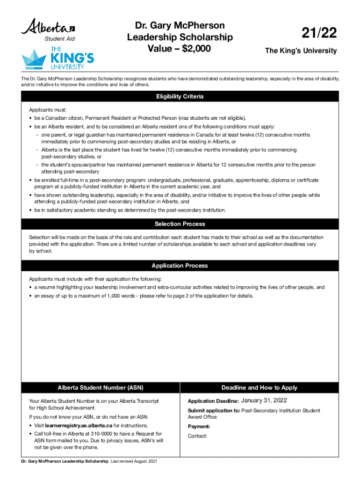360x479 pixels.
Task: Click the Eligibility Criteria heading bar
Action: (x=180, y=97)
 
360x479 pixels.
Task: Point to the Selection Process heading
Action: (x=180, y=224)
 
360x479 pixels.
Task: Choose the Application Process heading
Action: (x=180, y=266)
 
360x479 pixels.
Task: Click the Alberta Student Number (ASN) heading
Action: (x=100, y=388)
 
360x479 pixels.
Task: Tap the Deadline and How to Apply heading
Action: (x=259, y=388)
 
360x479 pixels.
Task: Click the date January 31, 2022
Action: (x=264, y=400)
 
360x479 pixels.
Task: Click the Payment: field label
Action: (x=199, y=427)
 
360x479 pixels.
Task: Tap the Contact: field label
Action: (x=197, y=436)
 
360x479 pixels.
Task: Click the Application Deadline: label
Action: (x=213, y=401)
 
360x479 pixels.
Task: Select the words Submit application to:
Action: (x=214, y=411)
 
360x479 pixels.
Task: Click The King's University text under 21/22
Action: (x=301, y=51)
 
